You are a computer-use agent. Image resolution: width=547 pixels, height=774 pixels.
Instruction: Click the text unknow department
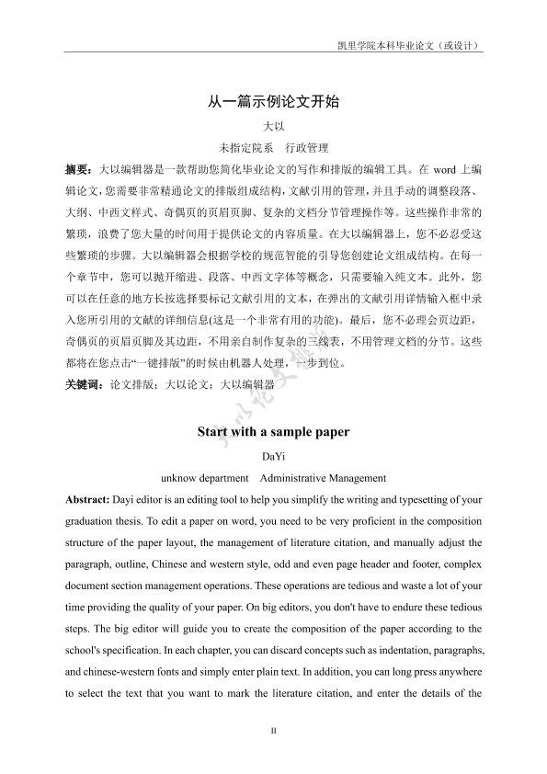[204, 478]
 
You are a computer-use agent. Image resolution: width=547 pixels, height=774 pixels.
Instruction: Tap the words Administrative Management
[323, 478]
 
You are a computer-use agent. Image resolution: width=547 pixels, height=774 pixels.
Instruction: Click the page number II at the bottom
[273, 731]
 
